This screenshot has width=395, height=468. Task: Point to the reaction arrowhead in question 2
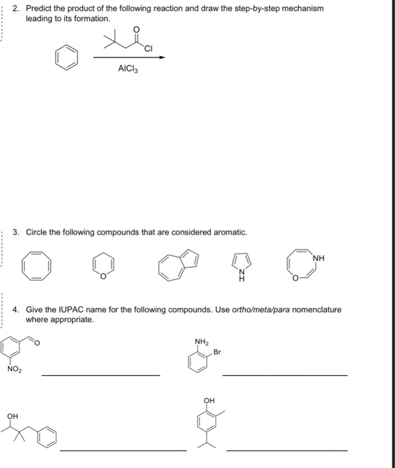tap(162, 57)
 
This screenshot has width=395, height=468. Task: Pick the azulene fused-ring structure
tap(176, 265)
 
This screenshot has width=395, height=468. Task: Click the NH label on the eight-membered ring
tap(321, 255)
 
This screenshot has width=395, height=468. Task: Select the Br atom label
tap(217, 352)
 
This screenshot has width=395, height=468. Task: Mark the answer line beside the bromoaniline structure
tap(285, 375)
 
